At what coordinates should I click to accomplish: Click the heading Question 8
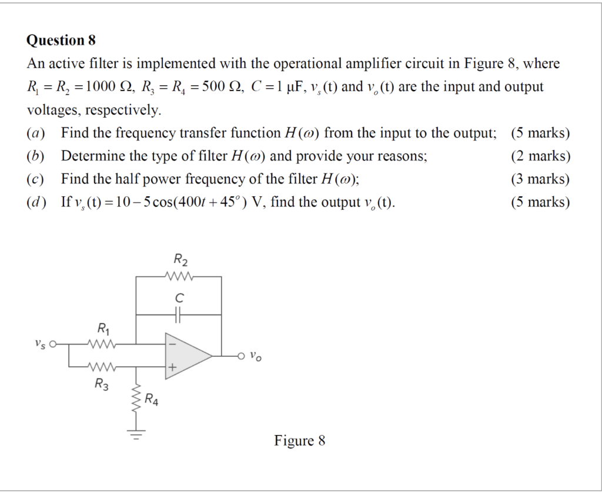click(x=61, y=41)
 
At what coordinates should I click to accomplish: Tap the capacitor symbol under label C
click(x=179, y=315)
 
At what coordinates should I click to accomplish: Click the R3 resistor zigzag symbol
click(x=102, y=367)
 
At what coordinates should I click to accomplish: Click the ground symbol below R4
click(x=136, y=436)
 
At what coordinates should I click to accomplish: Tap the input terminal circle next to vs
click(x=53, y=344)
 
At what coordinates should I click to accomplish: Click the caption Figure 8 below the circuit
click(x=299, y=441)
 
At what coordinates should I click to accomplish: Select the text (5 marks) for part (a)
click(x=540, y=133)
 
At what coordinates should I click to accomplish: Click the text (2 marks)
click(x=540, y=156)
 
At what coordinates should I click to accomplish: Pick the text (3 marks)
click(x=540, y=179)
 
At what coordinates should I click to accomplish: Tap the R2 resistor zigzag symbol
click(x=179, y=276)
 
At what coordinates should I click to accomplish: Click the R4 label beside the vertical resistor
click(x=152, y=401)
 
